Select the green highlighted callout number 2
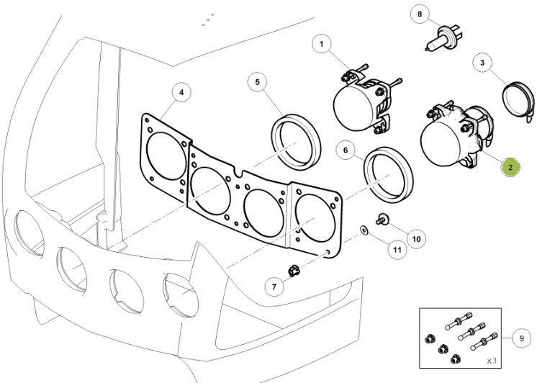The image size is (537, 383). (x=510, y=167)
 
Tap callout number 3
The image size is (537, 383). (x=482, y=63)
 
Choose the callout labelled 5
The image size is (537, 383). (x=257, y=82)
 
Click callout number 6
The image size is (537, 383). (x=346, y=151)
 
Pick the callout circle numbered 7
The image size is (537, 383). (x=274, y=287)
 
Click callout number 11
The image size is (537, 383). (x=396, y=250)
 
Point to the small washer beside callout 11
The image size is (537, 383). (x=365, y=230)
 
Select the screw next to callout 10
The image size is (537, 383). (x=382, y=218)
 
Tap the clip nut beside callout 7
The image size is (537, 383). (x=292, y=271)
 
